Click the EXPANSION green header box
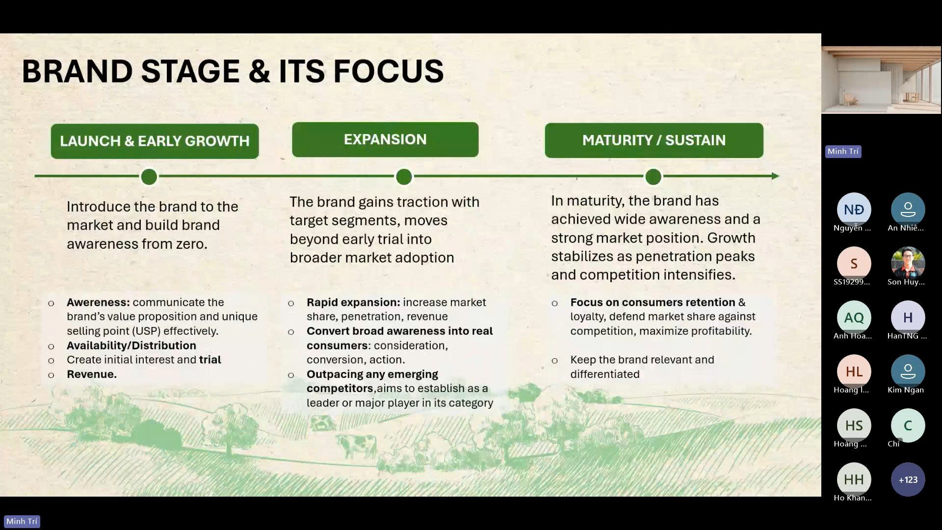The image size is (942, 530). point(385,140)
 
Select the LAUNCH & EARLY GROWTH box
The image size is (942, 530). point(155,141)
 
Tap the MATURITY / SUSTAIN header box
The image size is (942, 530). point(654,140)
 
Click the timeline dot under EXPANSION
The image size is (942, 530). point(404,177)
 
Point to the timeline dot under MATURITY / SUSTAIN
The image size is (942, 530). point(653,177)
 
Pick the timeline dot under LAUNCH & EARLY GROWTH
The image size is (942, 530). point(149,177)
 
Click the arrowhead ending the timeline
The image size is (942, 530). point(775,176)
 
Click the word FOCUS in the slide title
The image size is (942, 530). point(388,71)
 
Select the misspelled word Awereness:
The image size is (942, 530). point(98,302)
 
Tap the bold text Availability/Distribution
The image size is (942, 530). point(131,345)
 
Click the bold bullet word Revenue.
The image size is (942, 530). point(92,374)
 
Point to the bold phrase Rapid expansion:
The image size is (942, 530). point(353,302)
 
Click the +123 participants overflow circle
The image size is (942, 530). point(908,479)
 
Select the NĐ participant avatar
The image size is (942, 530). point(854,210)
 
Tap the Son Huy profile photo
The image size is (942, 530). point(908,264)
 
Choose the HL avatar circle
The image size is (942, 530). point(854,371)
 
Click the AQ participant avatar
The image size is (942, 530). point(854,318)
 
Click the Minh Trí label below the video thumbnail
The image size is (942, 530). point(843,152)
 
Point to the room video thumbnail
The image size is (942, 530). point(881,80)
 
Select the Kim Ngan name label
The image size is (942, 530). point(906,390)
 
